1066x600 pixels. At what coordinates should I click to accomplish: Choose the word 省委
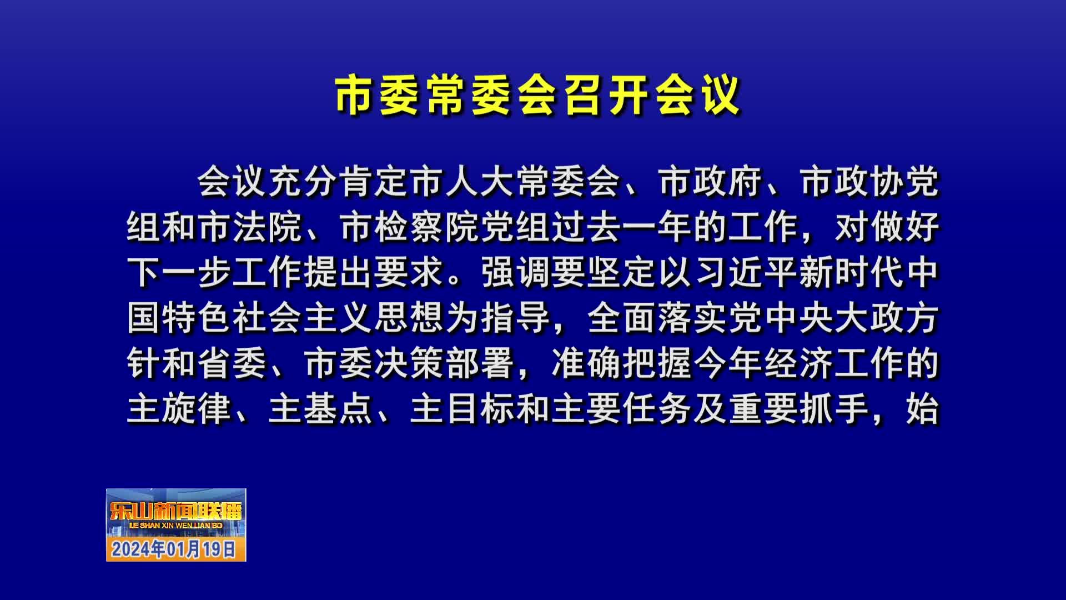pos(233,364)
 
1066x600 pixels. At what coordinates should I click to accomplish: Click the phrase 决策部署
pos(445,364)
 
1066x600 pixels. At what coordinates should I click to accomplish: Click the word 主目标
pos(462,409)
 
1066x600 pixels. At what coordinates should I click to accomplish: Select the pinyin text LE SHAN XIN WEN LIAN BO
pos(175,526)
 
